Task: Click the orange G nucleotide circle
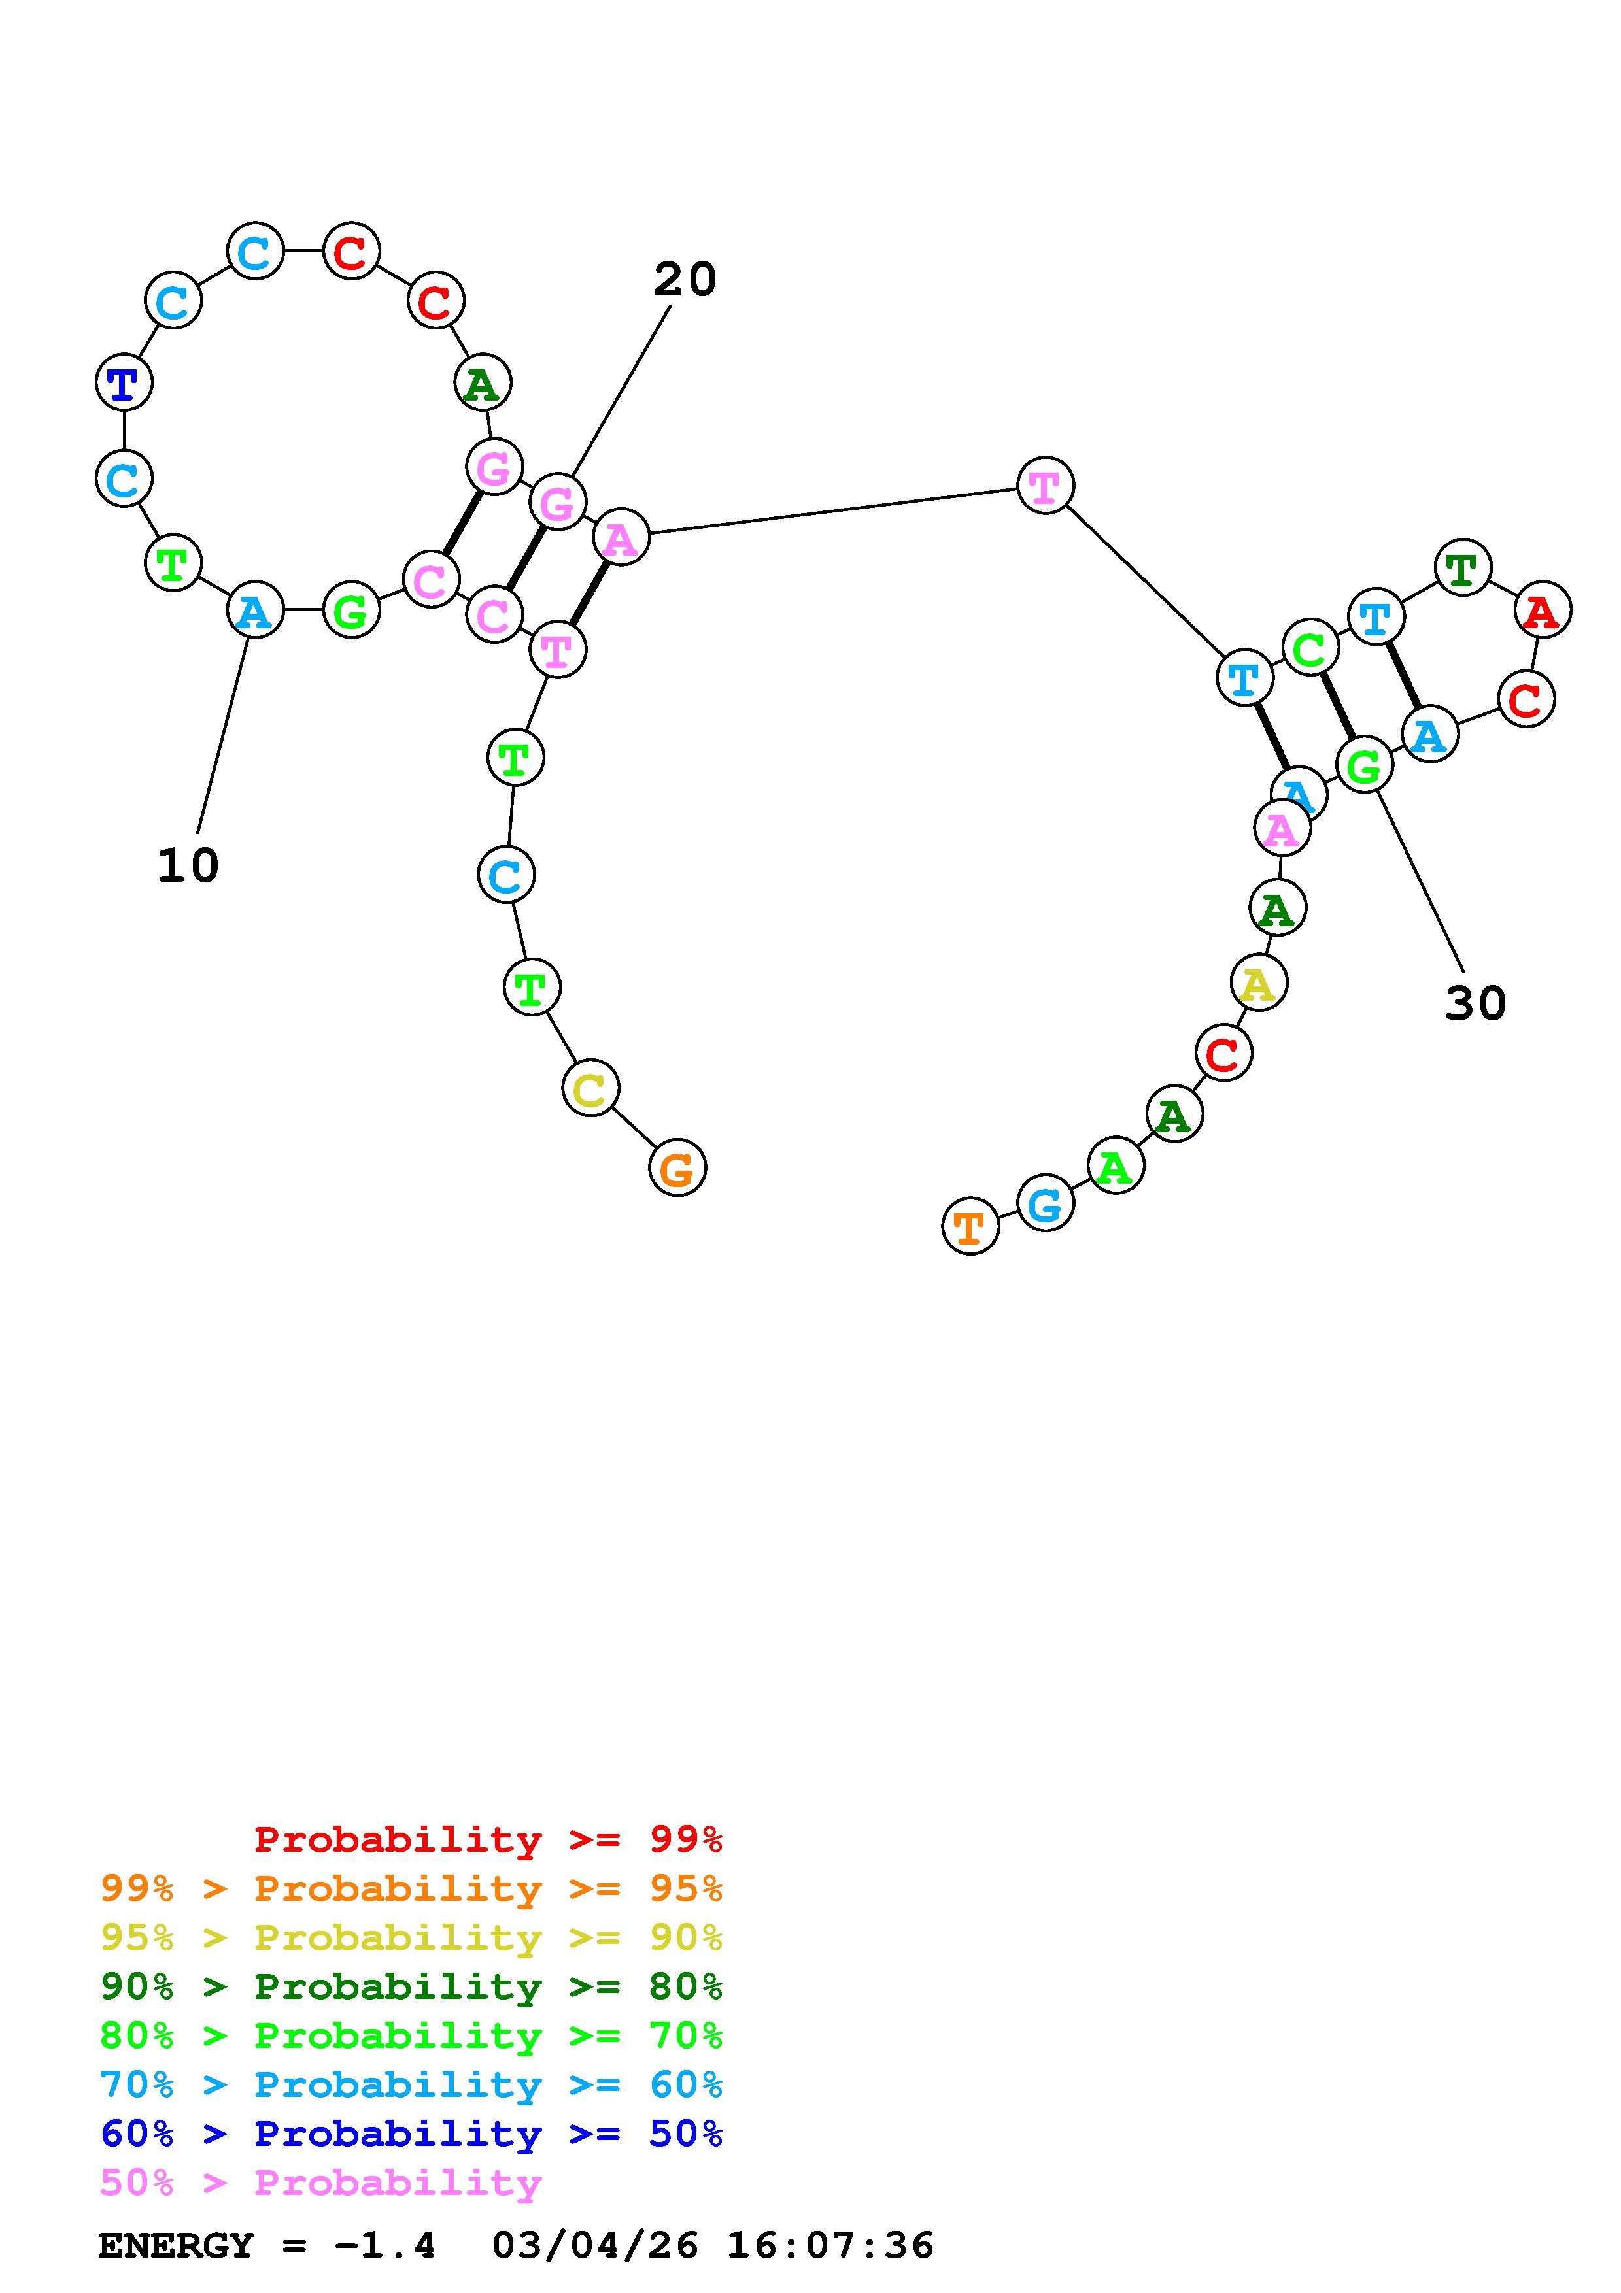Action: (677, 1167)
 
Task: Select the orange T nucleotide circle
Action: (970, 1226)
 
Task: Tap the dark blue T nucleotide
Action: (124, 382)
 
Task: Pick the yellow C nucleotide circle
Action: (590, 1088)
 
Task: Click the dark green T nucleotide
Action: (1462, 567)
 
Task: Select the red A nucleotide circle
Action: (1542, 609)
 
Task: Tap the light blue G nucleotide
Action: (1045, 1203)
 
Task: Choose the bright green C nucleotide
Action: (1309, 648)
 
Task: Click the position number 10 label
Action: (188, 865)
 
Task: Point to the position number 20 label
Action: (685, 280)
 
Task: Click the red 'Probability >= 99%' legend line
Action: (487, 1839)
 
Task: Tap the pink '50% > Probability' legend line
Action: (320, 2183)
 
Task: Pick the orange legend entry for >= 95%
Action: (411, 1888)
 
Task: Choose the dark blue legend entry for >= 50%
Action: (411, 2134)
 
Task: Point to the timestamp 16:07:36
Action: (830, 2246)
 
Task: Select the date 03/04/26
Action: (595, 2246)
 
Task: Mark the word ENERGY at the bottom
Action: (176, 2246)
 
